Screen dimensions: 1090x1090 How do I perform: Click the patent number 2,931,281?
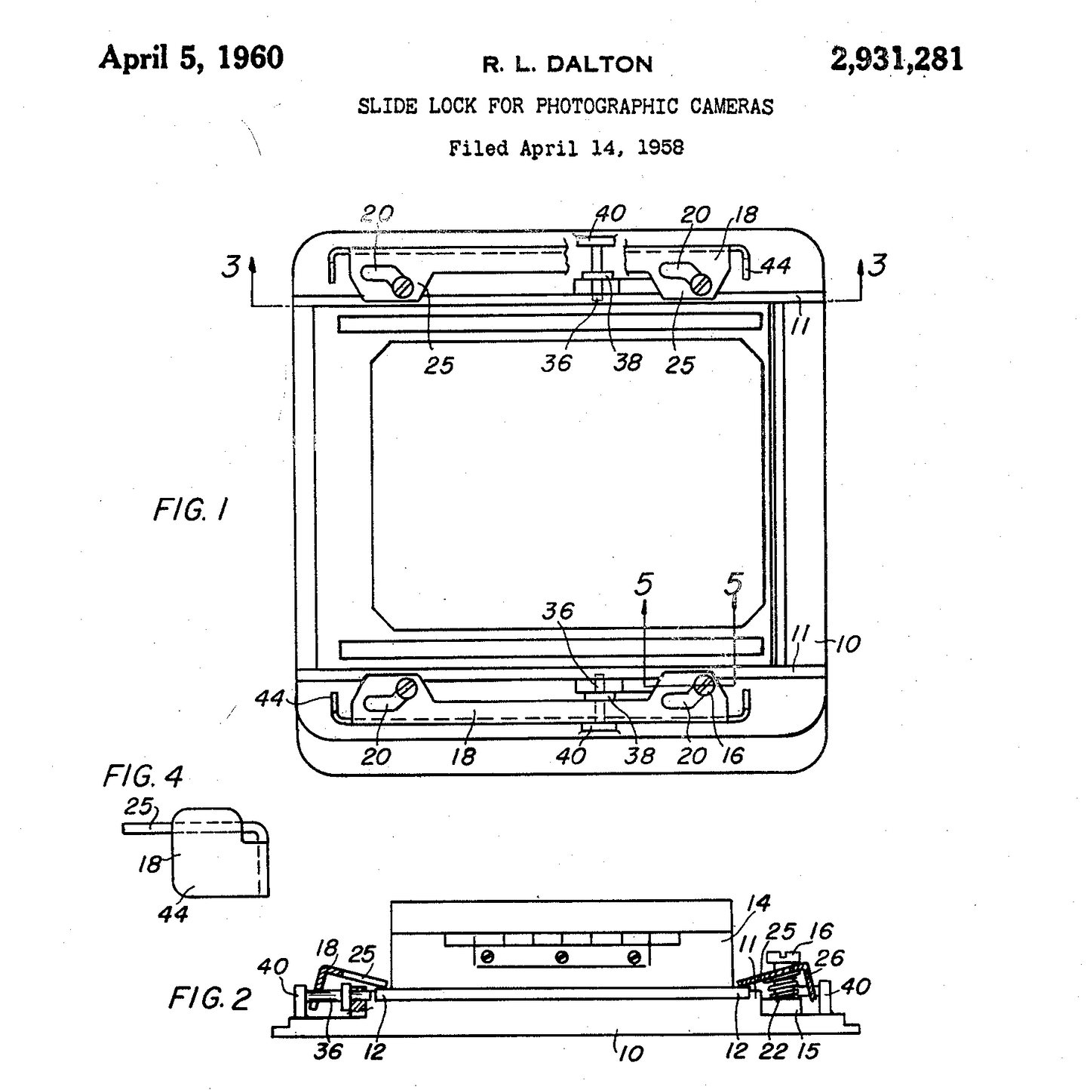click(x=896, y=60)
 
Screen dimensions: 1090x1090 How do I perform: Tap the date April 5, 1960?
click(x=191, y=58)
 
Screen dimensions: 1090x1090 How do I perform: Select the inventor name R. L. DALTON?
click(x=567, y=64)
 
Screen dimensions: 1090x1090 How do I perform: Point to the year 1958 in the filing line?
click(x=661, y=148)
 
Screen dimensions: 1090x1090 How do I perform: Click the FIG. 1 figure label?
click(x=190, y=511)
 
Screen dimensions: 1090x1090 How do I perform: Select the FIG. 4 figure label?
click(x=143, y=776)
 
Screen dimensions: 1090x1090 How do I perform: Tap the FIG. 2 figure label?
click(x=209, y=999)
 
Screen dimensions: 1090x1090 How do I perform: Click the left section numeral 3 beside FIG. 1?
click(x=231, y=266)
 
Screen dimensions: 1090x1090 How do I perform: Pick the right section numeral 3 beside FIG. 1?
click(x=877, y=266)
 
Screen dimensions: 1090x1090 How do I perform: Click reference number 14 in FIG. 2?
click(x=758, y=903)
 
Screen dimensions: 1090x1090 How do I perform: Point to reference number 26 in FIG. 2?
click(x=829, y=959)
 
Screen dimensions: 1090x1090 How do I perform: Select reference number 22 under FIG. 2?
click(x=772, y=1052)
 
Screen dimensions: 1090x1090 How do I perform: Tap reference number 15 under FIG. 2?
click(x=807, y=1052)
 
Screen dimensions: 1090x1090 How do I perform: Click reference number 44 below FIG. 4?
click(x=173, y=914)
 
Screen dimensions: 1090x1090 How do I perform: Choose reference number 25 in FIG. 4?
click(x=138, y=807)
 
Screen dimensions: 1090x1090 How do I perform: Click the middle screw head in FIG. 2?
click(x=561, y=957)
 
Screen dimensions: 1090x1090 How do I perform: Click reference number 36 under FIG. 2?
click(x=328, y=1051)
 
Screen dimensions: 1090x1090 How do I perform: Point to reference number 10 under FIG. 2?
click(x=631, y=1053)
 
